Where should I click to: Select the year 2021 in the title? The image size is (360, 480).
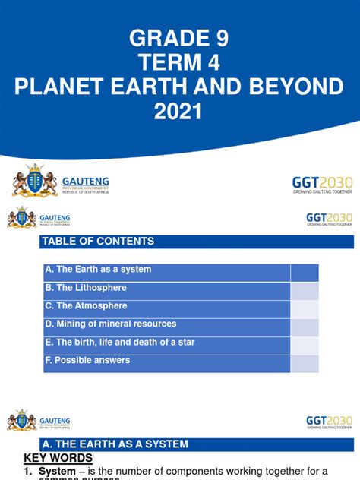pos(179,113)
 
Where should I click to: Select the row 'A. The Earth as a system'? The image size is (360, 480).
pos(99,270)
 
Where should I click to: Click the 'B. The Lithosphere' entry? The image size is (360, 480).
pos(86,288)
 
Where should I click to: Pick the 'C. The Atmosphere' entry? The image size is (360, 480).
pos(87,306)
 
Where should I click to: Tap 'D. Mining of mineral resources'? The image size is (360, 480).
pos(111,324)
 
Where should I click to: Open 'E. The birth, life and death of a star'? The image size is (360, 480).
pos(120,343)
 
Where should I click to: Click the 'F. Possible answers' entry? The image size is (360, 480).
pos(88,361)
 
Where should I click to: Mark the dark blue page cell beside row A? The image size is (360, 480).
pos(305,273)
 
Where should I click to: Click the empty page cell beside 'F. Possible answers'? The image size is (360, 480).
pos(305,364)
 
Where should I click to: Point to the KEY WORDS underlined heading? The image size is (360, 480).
pos(58,458)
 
